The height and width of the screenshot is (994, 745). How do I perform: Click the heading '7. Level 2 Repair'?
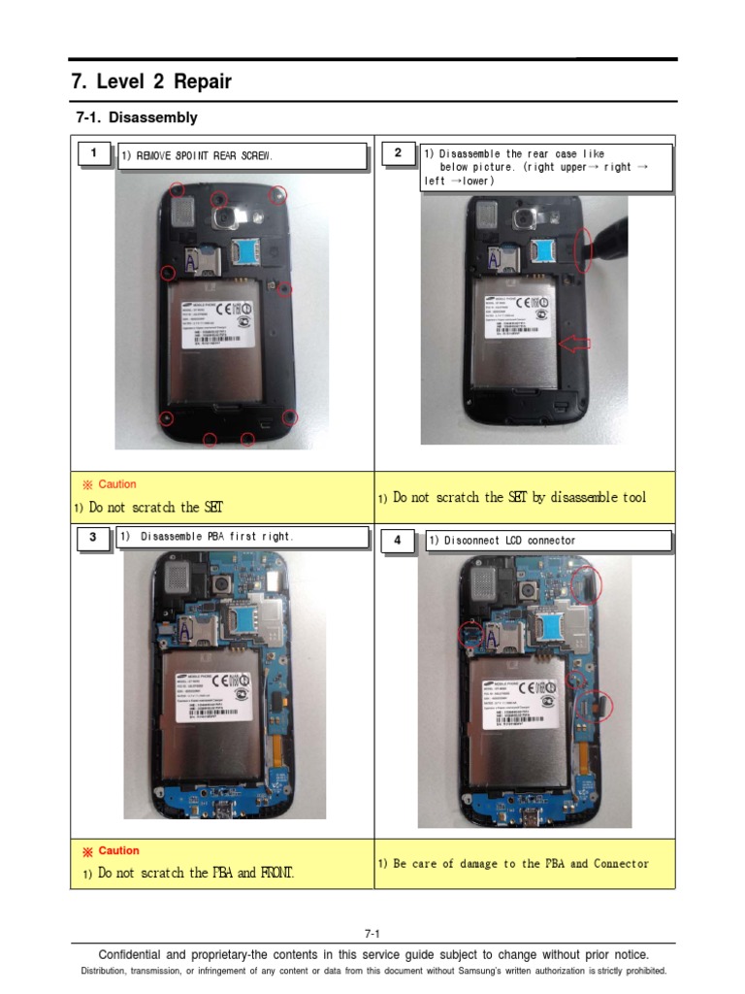tap(151, 82)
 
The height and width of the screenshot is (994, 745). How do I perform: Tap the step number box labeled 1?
tap(93, 153)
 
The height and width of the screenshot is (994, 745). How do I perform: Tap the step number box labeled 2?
tap(398, 153)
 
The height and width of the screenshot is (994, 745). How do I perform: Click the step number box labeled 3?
tap(93, 538)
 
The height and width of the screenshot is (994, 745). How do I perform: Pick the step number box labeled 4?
tap(398, 540)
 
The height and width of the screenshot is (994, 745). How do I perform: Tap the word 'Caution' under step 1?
tap(117, 484)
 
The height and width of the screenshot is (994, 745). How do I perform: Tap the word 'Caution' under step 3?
tap(118, 850)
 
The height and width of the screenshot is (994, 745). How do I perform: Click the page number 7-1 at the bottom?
tap(372, 934)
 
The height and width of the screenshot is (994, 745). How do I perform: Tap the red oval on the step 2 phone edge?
tap(583, 250)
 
